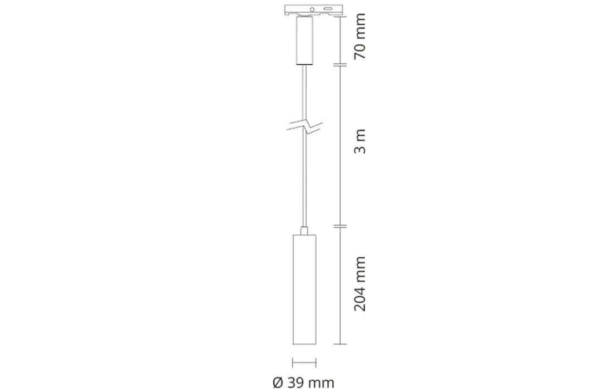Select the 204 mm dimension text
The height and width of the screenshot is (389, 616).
point(360,284)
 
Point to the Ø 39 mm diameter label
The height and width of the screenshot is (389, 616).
point(303,382)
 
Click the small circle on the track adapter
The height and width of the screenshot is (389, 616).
point(312,9)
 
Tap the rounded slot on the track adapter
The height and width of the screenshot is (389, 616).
point(328,9)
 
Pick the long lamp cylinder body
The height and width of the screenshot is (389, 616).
point(304,288)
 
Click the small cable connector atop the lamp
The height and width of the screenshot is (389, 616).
point(304,230)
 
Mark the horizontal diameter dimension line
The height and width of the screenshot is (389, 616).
point(304,363)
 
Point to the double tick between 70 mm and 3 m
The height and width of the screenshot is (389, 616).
point(341,65)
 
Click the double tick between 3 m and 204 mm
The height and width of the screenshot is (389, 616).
point(341,226)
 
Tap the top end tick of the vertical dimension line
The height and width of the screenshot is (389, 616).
point(341,16)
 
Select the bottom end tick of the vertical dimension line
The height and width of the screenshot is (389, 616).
point(341,344)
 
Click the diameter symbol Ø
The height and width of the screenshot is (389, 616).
point(278,382)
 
